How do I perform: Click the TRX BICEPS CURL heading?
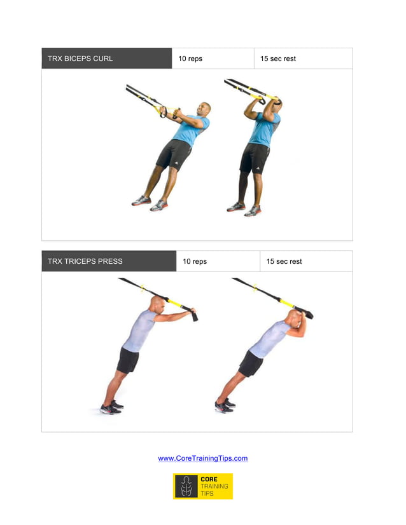[x=80, y=58]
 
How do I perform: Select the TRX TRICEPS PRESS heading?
[x=85, y=261]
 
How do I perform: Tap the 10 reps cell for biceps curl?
[x=190, y=58]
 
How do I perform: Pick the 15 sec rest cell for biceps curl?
[x=278, y=58]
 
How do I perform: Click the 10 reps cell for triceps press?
[x=195, y=261]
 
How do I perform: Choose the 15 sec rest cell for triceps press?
[x=284, y=261]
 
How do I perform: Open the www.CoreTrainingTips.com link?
[x=202, y=458]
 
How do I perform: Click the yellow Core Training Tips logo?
[x=202, y=486]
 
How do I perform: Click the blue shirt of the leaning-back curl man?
[x=189, y=130]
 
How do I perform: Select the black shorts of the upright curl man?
[x=255, y=158]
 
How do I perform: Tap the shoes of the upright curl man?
[x=244, y=208]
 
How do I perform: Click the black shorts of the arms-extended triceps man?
[x=128, y=360]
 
